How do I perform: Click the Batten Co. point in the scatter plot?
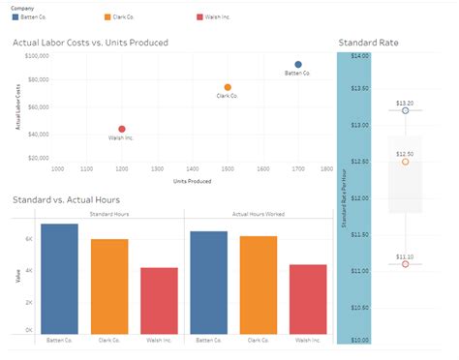(298, 65)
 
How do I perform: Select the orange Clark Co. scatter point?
(228, 87)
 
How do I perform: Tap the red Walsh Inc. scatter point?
(122, 129)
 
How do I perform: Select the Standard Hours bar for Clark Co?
(109, 286)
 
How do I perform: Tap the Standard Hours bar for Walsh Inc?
(159, 301)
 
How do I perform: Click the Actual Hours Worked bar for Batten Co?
(208, 283)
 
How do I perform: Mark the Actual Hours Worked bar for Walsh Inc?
(308, 299)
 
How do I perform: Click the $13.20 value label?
(405, 102)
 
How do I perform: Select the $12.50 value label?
(405, 153)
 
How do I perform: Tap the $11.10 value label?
(405, 255)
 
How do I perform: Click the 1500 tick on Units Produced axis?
(228, 168)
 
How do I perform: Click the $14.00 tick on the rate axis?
(359, 57)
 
